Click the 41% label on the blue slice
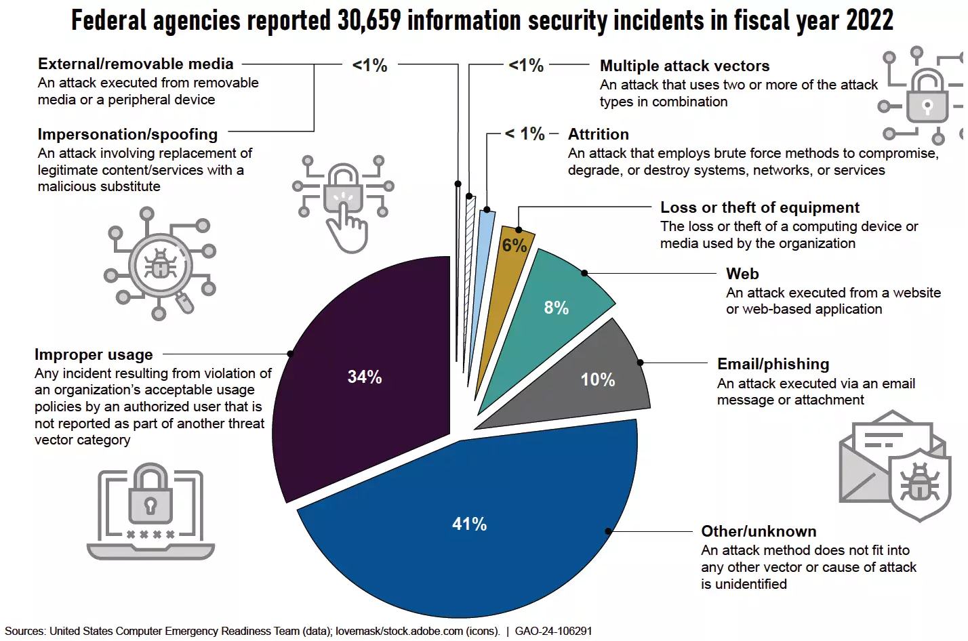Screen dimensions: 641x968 pos(469,524)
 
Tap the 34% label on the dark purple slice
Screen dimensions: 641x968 pos(365,377)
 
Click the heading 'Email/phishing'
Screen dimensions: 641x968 pos(773,364)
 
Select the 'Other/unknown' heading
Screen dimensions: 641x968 pos(759,531)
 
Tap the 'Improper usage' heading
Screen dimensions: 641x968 pos(94,354)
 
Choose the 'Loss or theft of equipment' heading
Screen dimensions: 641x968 pos(759,207)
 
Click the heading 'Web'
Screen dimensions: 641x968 pos(742,274)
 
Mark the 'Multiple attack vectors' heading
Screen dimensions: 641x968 pos(685,66)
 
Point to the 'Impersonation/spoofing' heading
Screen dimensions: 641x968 pos(127,134)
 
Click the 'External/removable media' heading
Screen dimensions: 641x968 pos(136,64)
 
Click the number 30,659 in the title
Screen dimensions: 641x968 pos(369,20)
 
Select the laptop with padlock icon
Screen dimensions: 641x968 pos(150,512)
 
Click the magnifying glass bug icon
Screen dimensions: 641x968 pos(160,264)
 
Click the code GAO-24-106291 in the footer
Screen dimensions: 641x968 pos(553,631)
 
